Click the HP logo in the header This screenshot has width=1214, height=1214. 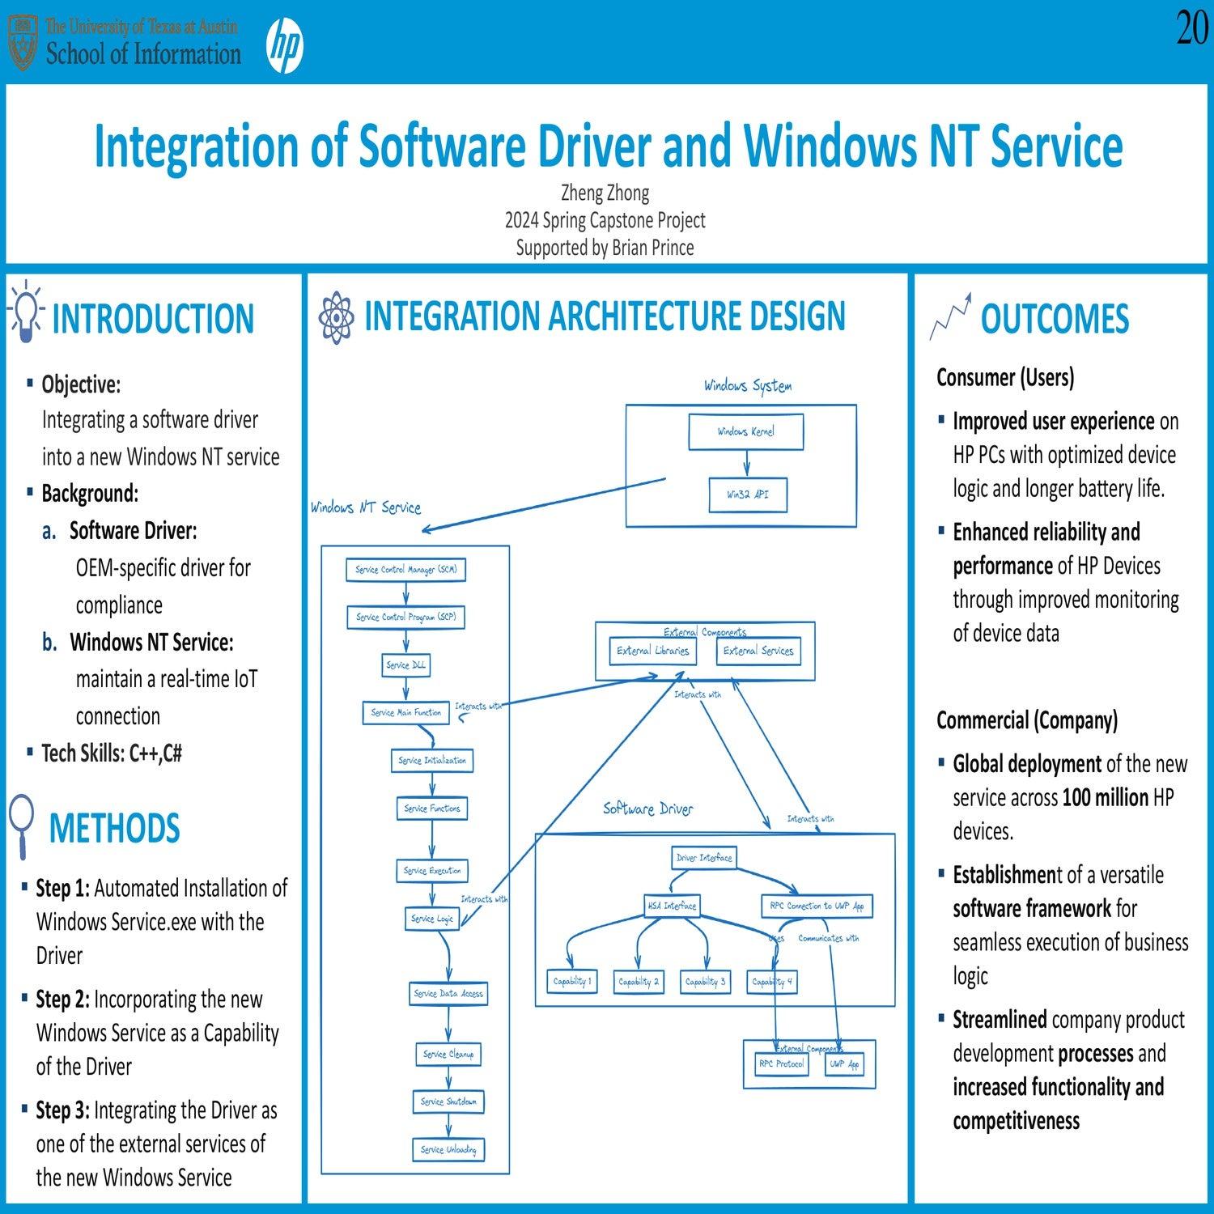(285, 45)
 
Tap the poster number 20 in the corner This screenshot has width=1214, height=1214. (1191, 29)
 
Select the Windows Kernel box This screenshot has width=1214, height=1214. (745, 432)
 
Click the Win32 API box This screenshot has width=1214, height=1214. (747, 495)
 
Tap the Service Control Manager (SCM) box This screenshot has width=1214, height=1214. (405, 570)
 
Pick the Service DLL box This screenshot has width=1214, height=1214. (405, 665)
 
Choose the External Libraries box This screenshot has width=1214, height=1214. (652, 651)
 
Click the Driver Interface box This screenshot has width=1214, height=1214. (703, 858)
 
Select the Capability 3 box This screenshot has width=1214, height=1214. (705, 982)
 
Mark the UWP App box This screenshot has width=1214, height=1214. (843, 1064)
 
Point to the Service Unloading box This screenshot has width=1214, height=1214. (448, 1149)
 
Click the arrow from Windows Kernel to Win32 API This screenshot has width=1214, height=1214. (746, 464)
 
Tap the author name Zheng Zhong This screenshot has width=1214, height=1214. (605, 193)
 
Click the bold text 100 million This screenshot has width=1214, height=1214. (1105, 798)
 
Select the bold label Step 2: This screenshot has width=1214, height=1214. (62, 1000)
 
